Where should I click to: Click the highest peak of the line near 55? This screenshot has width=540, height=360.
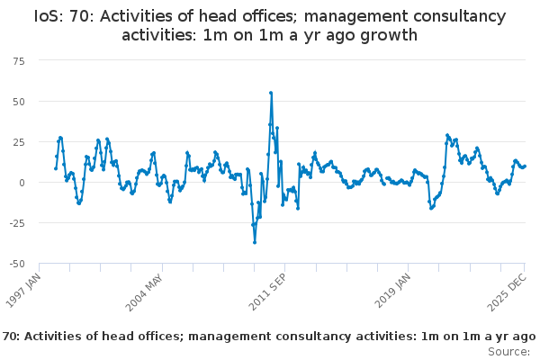click(271, 93)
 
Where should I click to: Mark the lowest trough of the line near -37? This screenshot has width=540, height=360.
click(255, 242)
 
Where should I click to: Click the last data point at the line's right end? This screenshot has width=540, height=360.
click(525, 166)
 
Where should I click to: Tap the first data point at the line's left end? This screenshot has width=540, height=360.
click(56, 167)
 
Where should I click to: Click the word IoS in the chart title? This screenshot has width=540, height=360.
click(48, 15)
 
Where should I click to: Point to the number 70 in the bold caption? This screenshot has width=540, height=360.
click(11, 336)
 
